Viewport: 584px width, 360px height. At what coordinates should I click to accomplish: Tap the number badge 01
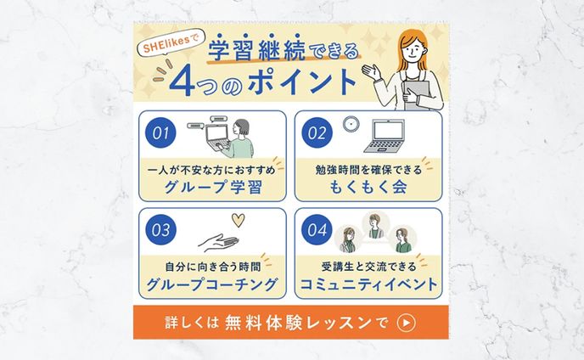point(161,133)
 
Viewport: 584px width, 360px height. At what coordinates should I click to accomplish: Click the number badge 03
point(161,230)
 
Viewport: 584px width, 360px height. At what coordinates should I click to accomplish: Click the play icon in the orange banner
point(407,323)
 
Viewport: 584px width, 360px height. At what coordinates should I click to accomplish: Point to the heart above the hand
point(239,221)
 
